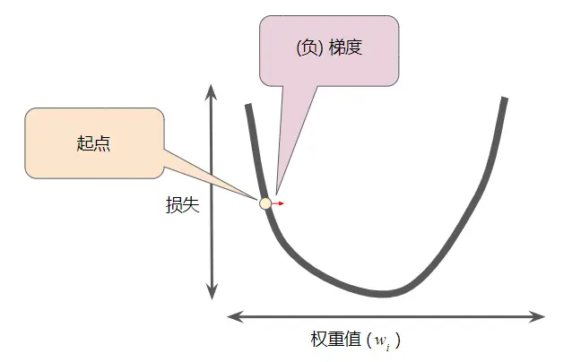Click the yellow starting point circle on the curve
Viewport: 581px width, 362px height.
tap(265, 203)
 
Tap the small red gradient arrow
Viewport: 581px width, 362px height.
tap(278, 203)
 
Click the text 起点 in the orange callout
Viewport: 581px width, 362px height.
tap(93, 143)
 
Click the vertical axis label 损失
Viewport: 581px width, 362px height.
tap(182, 204)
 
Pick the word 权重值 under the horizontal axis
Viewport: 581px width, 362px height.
tap(335, 340)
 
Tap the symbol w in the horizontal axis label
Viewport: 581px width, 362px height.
tap(380, 340)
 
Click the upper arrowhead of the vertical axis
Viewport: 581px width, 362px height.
tap(212, 90)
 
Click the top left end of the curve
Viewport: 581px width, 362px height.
tap(247, 107)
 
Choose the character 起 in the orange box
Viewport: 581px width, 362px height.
tap(85, 143)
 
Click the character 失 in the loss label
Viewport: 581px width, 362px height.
tap(190, 204)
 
